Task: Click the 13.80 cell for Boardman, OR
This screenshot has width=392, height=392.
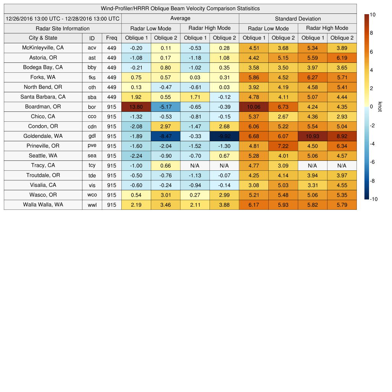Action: click(136, 107)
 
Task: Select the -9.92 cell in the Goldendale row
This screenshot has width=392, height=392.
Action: click(224, 136)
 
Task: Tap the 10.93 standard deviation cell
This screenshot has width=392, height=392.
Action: click(312, 136)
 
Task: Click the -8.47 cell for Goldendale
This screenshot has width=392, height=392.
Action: click(165, 136)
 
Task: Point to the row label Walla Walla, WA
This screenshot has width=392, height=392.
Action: click(43, 205)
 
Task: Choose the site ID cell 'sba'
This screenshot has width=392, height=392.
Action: click(92, 97)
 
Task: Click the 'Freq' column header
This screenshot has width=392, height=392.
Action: click(111, 38)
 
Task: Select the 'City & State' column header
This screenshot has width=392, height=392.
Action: click(43, 38)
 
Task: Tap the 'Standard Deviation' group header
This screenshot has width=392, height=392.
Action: click(298, 19)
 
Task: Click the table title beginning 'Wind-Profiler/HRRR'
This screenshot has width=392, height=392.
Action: click(180, 8)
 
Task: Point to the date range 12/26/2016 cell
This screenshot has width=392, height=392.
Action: click(62, 19)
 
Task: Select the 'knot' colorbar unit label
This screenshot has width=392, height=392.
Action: click(380, 106)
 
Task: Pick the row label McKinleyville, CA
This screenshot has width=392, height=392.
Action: click(43, 48)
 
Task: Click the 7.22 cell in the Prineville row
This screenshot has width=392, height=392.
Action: click(283, 146)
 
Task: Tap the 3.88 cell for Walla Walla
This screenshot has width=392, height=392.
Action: click(224, 205)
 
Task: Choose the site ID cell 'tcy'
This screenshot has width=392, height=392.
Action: click(92, 166)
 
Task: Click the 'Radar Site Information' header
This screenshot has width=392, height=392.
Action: click(62, 29)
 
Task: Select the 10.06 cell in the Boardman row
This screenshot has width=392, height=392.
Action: click(253, 107)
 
